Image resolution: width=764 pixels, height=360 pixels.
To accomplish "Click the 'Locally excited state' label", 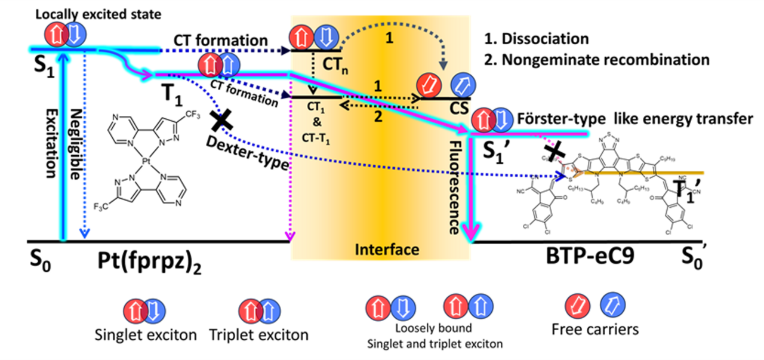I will [98, 13].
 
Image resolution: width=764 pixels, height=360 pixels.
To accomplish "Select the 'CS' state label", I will [443, 110].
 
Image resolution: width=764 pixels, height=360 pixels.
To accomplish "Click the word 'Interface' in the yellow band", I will [379, 248].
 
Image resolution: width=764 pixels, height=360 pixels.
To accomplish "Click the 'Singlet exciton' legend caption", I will [145, 335].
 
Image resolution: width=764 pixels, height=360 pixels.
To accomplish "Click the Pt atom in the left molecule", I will [146, 161].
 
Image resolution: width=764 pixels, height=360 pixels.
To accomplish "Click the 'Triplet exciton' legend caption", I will [258, 335].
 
